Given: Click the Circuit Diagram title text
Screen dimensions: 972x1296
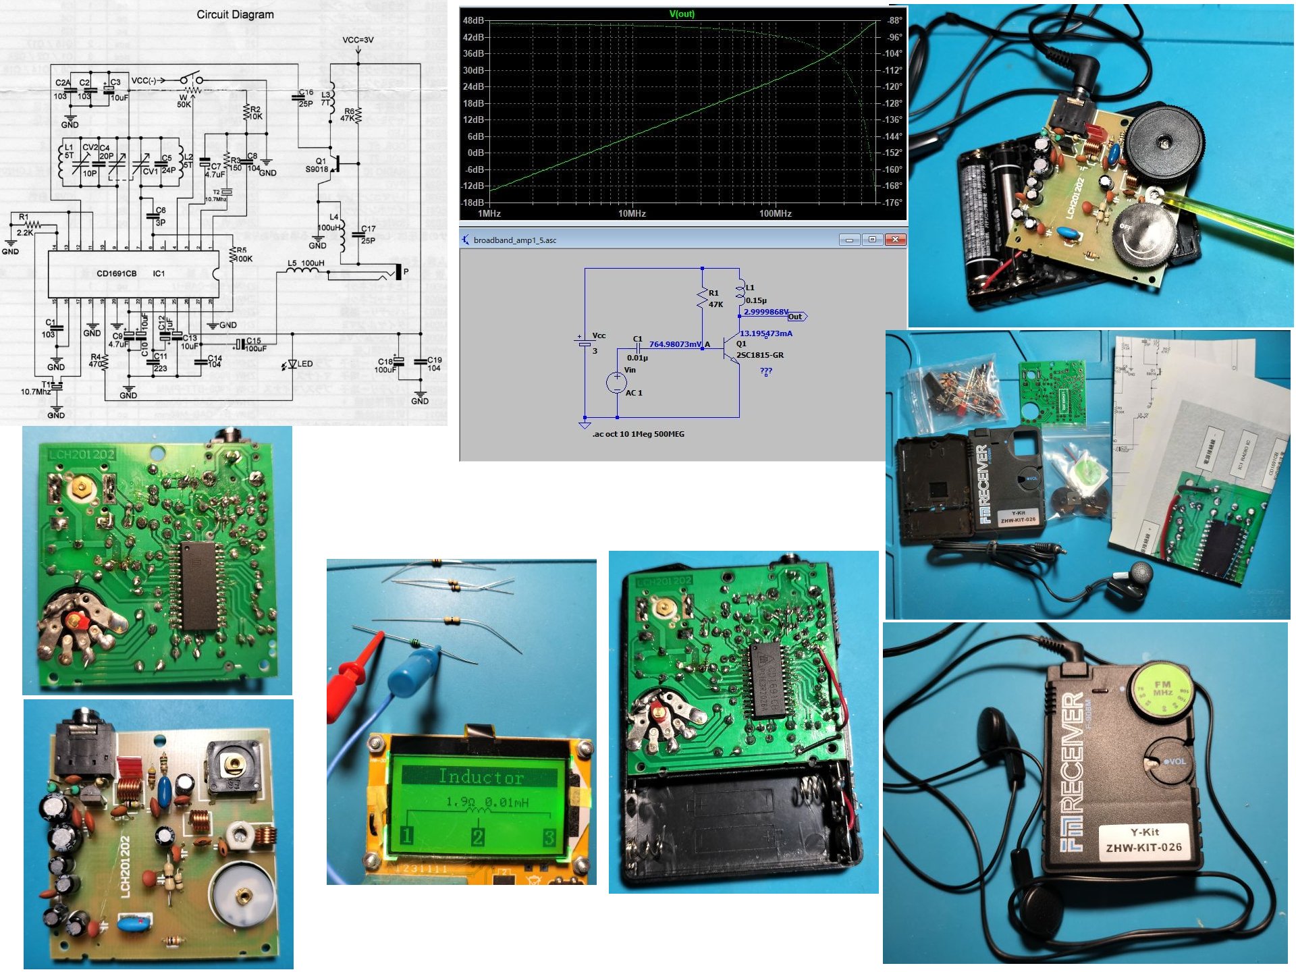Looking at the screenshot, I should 235,14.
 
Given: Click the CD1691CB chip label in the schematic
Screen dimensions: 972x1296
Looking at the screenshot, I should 116,273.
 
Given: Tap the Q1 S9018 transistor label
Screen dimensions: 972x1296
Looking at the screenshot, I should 317,165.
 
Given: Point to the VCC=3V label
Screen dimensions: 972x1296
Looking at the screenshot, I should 358,40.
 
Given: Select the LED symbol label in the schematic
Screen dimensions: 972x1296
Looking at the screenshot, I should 305,364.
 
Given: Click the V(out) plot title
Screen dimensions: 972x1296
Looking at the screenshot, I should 682,13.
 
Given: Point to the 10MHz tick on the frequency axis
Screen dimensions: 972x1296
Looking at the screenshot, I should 632,213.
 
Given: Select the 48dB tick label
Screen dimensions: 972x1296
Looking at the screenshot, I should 473,20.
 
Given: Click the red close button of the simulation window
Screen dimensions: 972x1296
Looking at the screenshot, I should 895,240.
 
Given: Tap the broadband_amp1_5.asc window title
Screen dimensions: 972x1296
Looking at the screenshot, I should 514,240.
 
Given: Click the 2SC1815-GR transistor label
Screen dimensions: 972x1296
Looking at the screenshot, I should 760,355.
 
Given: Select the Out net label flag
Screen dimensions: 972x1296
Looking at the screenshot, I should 796,317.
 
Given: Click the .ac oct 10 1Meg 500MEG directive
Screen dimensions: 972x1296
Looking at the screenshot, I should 638,434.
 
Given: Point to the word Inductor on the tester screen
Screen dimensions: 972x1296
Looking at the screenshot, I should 481,776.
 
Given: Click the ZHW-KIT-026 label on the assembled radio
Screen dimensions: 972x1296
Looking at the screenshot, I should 1143,847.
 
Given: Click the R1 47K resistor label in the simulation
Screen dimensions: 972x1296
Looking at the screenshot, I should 714,298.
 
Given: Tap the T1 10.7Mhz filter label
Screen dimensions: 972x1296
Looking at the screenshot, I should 37,388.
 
